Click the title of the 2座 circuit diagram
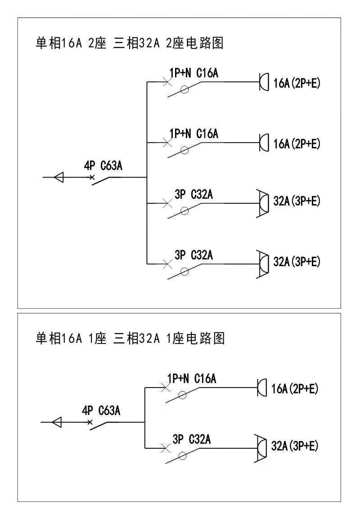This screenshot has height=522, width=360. click(130, 44)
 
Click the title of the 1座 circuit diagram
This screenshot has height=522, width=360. click(130, 338)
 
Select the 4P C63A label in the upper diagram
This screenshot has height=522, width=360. click(103, 166)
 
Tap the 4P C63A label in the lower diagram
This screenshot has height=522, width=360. click(101, 411)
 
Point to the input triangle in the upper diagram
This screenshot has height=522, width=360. click(58, 178)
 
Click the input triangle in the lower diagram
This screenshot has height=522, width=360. click(57, 423)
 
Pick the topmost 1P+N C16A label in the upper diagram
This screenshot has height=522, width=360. click(193, 73)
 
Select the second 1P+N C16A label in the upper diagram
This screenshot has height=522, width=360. click(193, 134)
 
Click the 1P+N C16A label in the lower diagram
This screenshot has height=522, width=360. click(192, 379)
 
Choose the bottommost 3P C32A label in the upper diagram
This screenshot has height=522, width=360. click(193, 255)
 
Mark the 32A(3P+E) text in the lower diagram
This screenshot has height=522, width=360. click(295, 446)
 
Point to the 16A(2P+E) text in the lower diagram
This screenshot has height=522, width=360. click(295, 388)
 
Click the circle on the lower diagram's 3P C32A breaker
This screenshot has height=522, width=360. click(182, 456)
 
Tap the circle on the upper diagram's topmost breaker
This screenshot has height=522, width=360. click(184, 90)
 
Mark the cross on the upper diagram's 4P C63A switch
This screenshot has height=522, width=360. click(92, 178)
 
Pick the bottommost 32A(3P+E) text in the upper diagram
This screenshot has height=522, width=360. click(297, 261)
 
